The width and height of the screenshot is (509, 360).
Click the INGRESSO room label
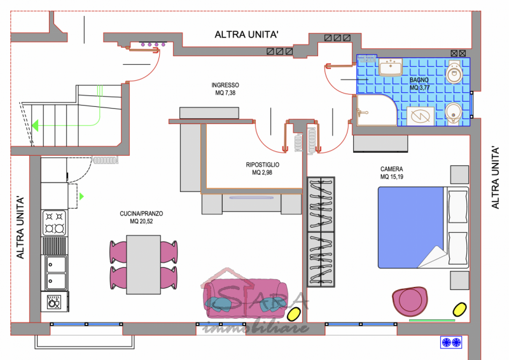pos(225,85)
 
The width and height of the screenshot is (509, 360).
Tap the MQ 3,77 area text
pos(420,88)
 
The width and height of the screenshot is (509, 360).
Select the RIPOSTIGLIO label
pos(263,165)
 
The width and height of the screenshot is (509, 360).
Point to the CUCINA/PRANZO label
pos(141,214)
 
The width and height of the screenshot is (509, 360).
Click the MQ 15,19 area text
pos(392,177)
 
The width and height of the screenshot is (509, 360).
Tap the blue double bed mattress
pos(410,227)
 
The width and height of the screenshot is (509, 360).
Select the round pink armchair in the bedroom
pos(410,301)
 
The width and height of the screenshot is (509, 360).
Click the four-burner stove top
pos(54,223)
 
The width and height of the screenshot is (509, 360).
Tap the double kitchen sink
pos(56,272)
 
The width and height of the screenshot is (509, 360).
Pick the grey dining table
pos(144,265)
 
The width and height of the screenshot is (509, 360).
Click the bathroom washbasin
pos(391,67)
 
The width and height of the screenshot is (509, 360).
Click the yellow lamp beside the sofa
pos(294,314)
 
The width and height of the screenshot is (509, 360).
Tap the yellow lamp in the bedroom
pos(459,309)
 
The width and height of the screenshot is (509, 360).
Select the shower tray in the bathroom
pos(377,111)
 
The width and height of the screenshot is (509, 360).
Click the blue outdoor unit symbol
pos(451,342)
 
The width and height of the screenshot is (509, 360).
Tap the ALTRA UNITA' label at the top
pos(247,34)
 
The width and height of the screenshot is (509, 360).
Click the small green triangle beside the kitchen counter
pos(81,196)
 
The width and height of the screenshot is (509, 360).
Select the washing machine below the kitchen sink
pos(55,302)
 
